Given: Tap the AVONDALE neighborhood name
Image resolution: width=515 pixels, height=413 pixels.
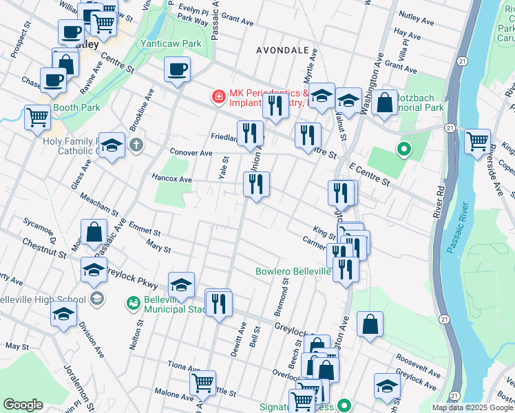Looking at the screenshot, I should pyautogui.click(x=283, y=50).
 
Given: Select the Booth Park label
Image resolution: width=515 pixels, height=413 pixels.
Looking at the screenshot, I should pyautogui.click(x=78, y=107).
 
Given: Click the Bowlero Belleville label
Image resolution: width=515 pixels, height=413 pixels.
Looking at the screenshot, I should pyautogui.click(x=293, y=271).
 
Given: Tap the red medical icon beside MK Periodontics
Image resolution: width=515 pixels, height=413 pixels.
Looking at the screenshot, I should pyautogui.click(x=219, y=97).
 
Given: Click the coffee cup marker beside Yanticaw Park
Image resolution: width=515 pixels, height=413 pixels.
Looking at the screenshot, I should pyautogui.click(x=178, y=70).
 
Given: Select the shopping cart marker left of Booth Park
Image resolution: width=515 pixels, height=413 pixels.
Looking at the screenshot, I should pyautogui.click(x=38, y=116).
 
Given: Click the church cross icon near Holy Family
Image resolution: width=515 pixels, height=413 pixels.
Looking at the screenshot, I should pyautogui.click(x=137, y=145).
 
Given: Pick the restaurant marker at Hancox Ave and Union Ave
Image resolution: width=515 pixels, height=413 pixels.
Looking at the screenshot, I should pyautogui.click(x=256, y=184).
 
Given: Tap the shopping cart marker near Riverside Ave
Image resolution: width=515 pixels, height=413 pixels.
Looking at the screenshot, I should pyautogui.click(x=476, y=140).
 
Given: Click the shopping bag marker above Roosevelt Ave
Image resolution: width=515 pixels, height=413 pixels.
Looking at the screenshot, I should pyautogui.click(x=370, y=325).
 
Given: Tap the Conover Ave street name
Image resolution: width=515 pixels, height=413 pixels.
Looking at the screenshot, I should pyautogui.click(x=191, y=153).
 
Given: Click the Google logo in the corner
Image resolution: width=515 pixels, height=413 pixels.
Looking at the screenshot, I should pyautogui.click(x=23, y=405).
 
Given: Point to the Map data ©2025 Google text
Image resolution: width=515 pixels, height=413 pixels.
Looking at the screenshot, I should pyautogui.click(x=472, y=407).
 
